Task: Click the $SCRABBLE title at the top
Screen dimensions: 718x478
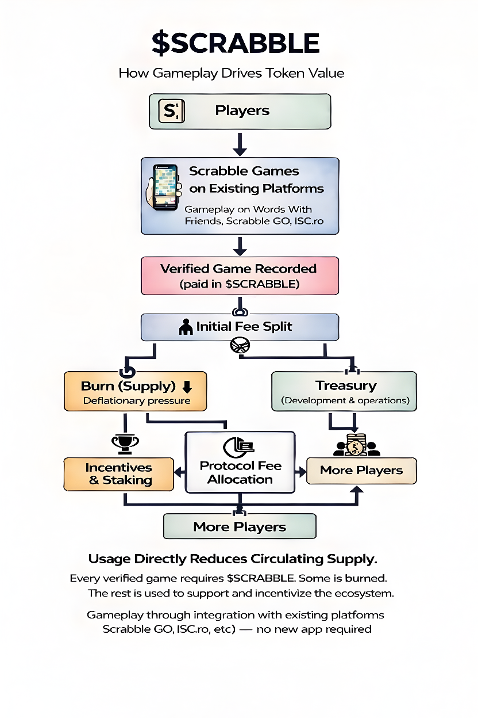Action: pyautogui.click(x=236, y=44)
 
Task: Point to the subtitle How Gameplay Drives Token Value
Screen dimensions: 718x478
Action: pyautogui.click(x=231, y=73)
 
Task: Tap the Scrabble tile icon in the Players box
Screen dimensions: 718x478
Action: pyautogui.click(x=171, y=110)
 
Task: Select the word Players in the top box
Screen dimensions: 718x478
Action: pyautogui.click(x=242, y=110)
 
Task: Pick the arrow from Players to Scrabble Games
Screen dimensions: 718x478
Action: pyautogui.click(x=240, y=143)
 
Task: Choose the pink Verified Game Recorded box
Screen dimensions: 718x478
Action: pyautogui.click(x=240, y=276)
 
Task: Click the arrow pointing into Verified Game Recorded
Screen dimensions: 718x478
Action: pyautogui.click(x=240, y=246)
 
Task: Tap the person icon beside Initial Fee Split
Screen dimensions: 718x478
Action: pyautogui.click(x=186, y=327)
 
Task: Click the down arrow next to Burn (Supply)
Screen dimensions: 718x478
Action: pyautogui.click(x=186, y=387)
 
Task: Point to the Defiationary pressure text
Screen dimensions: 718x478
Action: pyautogui.click(x=137, y=401)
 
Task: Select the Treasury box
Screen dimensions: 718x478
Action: pyautogui.click(x=344, y=391)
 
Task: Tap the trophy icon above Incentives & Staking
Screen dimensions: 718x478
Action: pyautogui.click(x=125, y=442)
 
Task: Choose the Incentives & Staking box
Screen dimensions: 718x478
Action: pyautogui.click(x=119, y=474)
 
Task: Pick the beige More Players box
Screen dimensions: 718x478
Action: pyautogui.click(x=361, y=471)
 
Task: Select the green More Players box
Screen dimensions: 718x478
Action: pyautogui.click(x=240, y=526)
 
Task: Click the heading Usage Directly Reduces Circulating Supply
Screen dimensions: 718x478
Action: pyautogui.click(x=233, y=559)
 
